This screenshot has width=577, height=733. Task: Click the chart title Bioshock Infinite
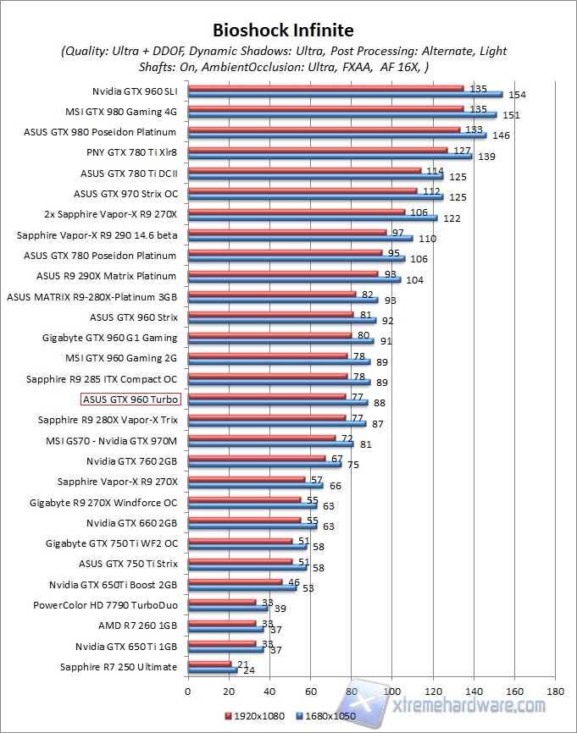pyautogui.click(x=284, y=31)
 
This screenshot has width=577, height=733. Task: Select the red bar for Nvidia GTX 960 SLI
pyautogui.click(x=325, y=87)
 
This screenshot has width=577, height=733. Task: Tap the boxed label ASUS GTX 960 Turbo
pyautogui.click(x=130, y=399)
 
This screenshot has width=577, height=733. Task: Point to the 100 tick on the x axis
pyautogui.click(x=392, y=690)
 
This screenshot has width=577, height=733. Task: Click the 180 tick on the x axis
pyautogui.click(x=556, y=690)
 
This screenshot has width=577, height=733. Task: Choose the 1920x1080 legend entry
pyautogui.click(x=257, y=715)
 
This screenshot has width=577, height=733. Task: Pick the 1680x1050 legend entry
pyautogui.click(x=325, y=715)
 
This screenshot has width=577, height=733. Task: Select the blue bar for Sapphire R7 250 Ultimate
pyautogui.click(x=212, y=670)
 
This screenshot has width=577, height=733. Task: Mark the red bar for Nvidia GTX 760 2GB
pyautogui.click(x=256, y=458)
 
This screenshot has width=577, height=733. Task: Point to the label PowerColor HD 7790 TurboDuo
pyautogui.click(x=105, y=605)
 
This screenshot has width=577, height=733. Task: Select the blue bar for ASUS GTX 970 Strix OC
pyautogui.click(x=315, y=196)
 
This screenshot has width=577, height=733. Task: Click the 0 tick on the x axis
pyautogui.click(x=188, y=690)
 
